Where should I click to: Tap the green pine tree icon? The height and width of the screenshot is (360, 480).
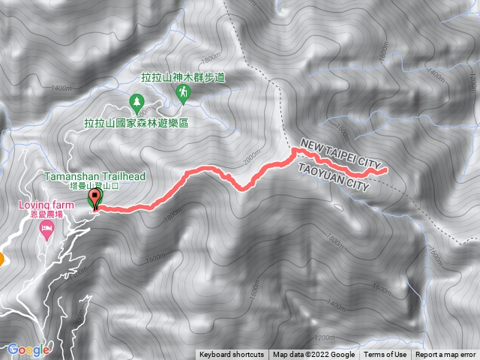tap(137, 100)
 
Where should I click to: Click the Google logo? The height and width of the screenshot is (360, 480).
tap(28, 349)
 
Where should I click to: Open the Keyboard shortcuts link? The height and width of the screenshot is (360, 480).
tap(232, 355)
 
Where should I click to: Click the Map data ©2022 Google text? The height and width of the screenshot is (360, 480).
tap(313, 355)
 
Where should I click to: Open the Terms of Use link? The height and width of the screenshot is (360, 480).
tap(385, 355)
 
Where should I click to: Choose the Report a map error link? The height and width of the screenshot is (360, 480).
tap(446, 355)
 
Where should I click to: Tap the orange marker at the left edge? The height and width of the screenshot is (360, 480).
tap(1, 259)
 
